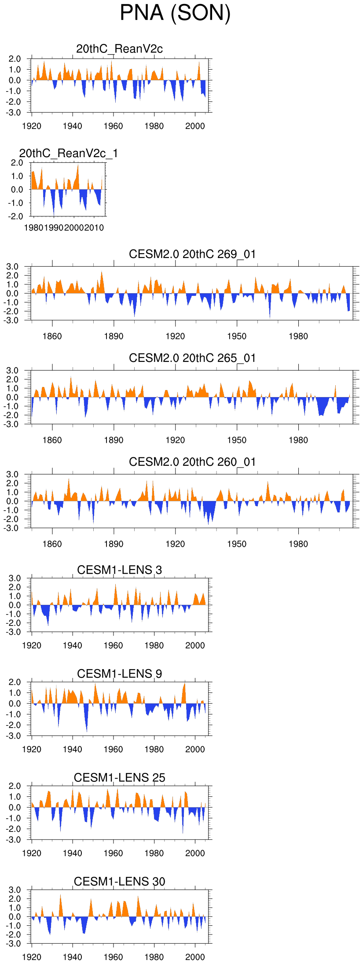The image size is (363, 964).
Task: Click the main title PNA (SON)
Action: [x=175, y=13]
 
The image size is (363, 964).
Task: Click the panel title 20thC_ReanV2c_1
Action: [x=69, y=153]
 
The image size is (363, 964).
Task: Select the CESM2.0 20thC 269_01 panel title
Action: [x=192, y=254]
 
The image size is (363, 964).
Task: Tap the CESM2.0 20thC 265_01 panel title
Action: [x=192, y=358]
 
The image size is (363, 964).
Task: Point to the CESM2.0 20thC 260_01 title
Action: [x=192, y=462]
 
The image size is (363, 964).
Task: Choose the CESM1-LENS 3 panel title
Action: [x=119, y=570]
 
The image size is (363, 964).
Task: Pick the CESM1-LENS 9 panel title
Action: [x=119, y=674]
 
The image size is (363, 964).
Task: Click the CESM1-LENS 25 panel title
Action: [x=119, y=778]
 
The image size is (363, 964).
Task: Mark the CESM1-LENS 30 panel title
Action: [x=119, y=882]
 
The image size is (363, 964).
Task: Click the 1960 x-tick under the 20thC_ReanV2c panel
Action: [x=113, y=126]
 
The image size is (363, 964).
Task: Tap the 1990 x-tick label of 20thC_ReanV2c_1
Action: [x=54, y=228]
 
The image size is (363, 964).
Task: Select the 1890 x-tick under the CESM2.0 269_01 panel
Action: [x=114, y=336]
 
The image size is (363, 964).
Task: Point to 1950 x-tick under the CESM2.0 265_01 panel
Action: [x=237, y=440]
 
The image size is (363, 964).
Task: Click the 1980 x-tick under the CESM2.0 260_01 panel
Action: [x=298, y=544]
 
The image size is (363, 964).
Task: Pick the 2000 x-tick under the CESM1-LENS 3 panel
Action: [x=195, y=645]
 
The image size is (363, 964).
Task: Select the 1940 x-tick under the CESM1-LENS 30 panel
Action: [x=72, y=957]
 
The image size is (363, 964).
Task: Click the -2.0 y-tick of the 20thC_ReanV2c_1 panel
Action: [x=16, y=217]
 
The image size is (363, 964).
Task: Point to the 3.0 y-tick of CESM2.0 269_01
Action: [x=13, y=267]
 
